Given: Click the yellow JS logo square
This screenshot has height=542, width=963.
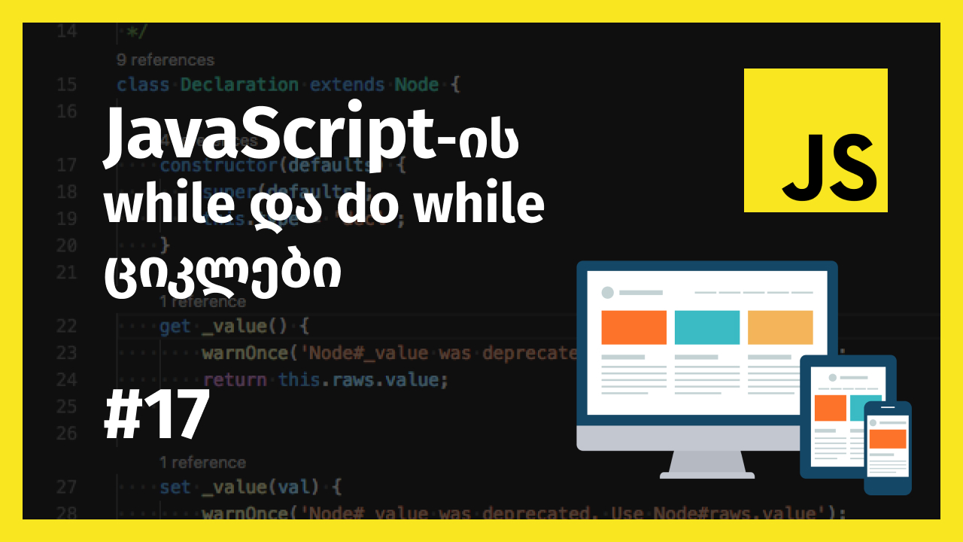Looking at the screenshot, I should pos(816,140).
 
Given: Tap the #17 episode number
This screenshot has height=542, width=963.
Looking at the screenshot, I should pos(156,417).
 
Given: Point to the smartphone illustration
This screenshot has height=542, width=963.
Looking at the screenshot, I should pos(888,447).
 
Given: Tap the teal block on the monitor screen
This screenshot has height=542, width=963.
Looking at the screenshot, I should pos(706,327).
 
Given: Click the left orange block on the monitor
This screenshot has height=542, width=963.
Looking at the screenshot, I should pos(633,327).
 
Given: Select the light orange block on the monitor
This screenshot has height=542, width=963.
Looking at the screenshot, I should pos(779,327).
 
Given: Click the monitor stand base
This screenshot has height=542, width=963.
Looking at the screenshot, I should pos(707,473).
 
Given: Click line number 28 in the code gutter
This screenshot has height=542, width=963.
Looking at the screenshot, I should pos(66,513).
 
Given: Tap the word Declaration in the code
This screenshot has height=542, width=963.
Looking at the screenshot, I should pos(239,85).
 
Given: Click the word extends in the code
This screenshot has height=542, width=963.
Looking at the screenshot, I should pos(348,85).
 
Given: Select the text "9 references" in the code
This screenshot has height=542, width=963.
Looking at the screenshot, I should pos(166,60).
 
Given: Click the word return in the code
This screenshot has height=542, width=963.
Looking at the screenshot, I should pos(235,380).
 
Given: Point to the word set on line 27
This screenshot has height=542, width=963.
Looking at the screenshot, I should pos(175,488).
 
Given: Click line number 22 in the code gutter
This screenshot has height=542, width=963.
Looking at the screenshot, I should pos(66,326).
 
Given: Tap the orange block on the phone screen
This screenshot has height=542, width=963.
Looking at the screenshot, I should pos(888,438).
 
